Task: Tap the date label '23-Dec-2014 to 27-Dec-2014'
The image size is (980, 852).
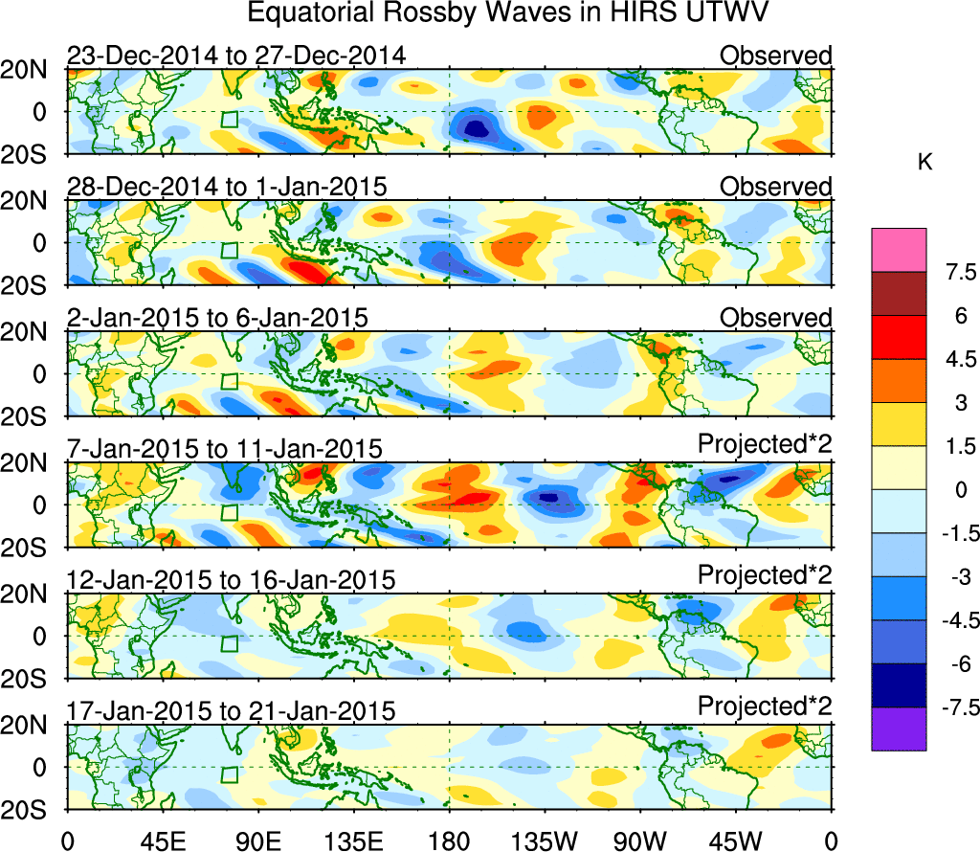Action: pyautogui.click(x=236, y=56)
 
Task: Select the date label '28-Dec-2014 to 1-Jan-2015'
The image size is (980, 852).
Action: pyautogui.click(x=227, y=187)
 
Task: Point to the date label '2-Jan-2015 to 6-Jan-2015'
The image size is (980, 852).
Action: pyautogui.click(x=217, y=318)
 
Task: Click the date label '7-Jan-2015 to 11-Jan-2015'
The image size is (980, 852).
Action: pyautogui.click(x=225, y=449)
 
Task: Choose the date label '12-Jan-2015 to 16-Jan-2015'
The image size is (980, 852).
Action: pyautogui.click(x=231, y=580)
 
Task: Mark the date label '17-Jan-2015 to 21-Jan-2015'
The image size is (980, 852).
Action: pyautogui.click(x=231, y=711)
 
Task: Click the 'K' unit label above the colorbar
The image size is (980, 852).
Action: pyautogui.click(x=925, y=164)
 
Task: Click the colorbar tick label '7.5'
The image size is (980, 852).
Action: pyautogui.click(x=954, y=273)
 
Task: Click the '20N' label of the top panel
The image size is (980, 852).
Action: pyautogui.click(x=31, y=70)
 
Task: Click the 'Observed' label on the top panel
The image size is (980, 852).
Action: pyautogui.click(x=776, y=56)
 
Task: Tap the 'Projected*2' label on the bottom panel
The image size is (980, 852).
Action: pyautogui.click(x=765, y=707)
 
